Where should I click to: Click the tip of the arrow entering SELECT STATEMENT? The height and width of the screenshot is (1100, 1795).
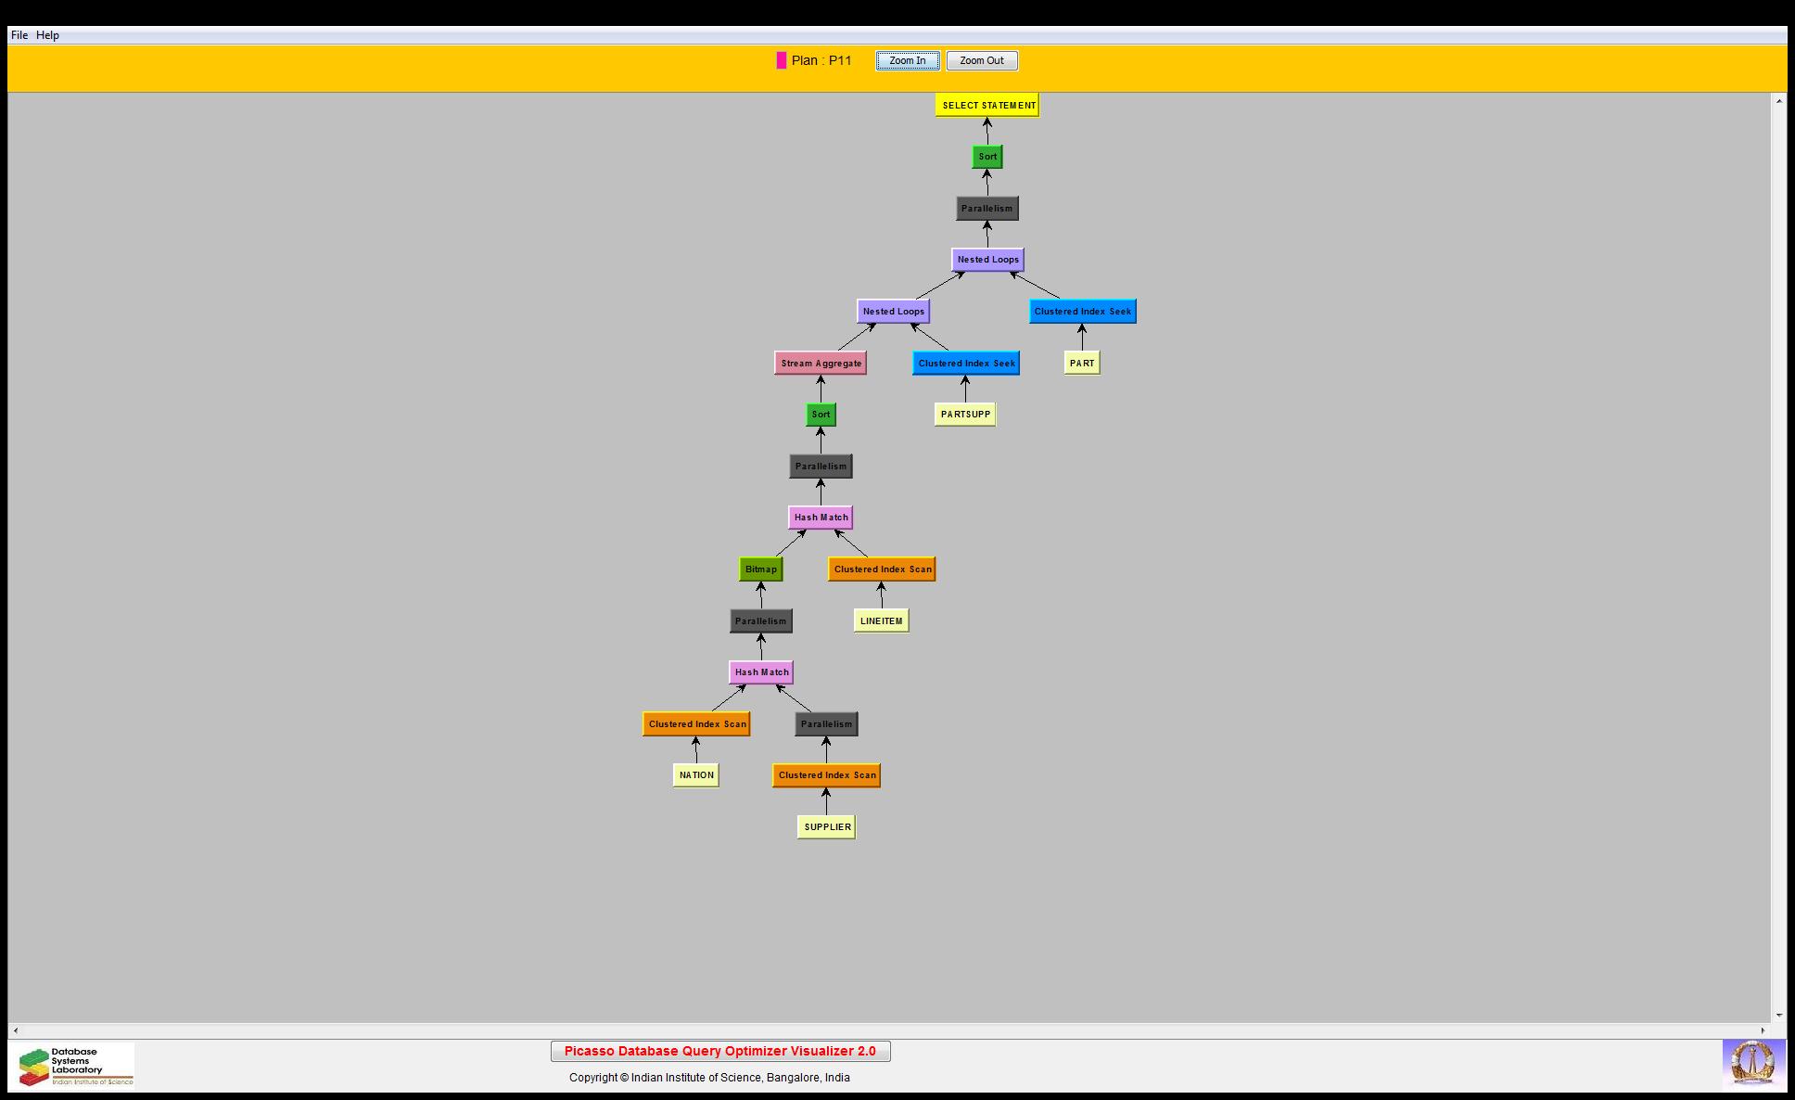coord(987,118)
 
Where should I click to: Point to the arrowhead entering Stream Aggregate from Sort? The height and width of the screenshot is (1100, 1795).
coord(821,376)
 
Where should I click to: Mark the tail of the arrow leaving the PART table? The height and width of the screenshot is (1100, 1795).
coord(1082,351)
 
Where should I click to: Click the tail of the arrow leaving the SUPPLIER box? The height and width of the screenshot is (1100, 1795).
coord(826,814)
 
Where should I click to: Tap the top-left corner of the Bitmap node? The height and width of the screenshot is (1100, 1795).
coord(739,557)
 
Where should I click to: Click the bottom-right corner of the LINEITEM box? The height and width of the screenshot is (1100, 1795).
coord(910,633)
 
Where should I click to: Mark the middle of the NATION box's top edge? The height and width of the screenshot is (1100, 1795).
coord(696,763)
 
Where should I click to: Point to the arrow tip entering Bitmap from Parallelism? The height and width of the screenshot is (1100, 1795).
coord(761,582)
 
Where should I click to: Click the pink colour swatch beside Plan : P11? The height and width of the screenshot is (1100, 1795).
coord(782,60)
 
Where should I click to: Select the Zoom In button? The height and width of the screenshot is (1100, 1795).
coord(908,60)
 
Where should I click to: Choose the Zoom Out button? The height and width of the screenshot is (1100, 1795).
coord(982,60)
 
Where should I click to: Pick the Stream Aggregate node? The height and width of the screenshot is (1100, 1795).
coord(821,363)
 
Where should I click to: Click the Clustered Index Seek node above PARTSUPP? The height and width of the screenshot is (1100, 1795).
coord(966,363)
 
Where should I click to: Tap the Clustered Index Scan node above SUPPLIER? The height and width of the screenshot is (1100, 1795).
coord(826,775)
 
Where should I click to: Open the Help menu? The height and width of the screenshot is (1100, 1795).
coord(47,35)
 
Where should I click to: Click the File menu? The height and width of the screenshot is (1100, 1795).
coord(19,35)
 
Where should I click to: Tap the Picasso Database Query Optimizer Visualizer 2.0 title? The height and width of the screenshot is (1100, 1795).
coord(720,1051)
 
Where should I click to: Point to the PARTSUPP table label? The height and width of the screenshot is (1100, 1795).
coord(965,415)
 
